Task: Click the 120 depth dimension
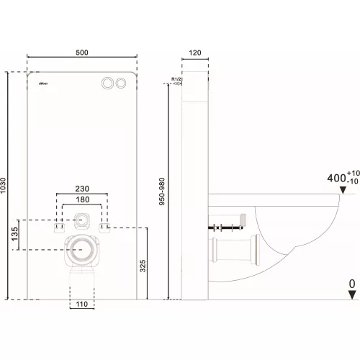(x=195, y=53)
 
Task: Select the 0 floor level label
(x=351, y=284)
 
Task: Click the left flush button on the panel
(x=107, y=83)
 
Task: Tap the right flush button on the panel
(x=119, y=83)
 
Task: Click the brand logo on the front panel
(x=42, y=83)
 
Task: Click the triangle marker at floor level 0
(x=351, y=295)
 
